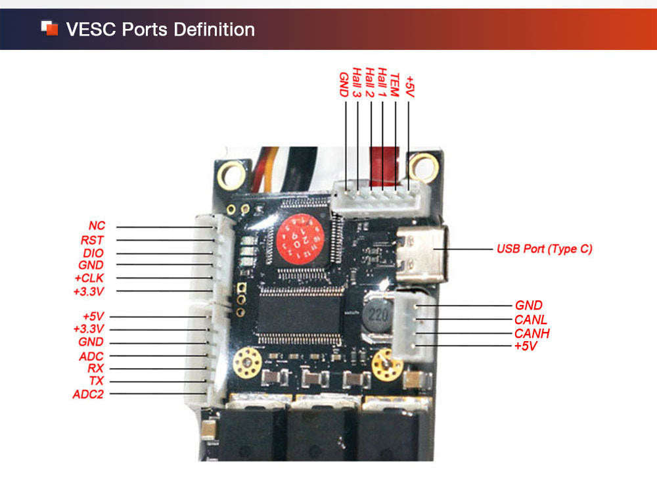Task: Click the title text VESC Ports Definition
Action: [160, 30]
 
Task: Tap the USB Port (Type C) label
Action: [544, 249]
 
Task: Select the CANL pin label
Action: [531, 319]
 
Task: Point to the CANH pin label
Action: [532, 333]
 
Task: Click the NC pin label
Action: [97, 226]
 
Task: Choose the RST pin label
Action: [92, 240]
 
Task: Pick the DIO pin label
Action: [93, 253]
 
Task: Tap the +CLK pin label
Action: [89, 278]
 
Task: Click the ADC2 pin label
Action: [88, 394]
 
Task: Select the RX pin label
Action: [95, 369]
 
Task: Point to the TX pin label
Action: [96, 381]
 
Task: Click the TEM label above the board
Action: [395, 84]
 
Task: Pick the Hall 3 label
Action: [356, 83]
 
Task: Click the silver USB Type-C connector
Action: [420, 253]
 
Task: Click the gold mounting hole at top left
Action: [231, 174]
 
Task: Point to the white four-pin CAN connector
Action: [414, 327]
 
